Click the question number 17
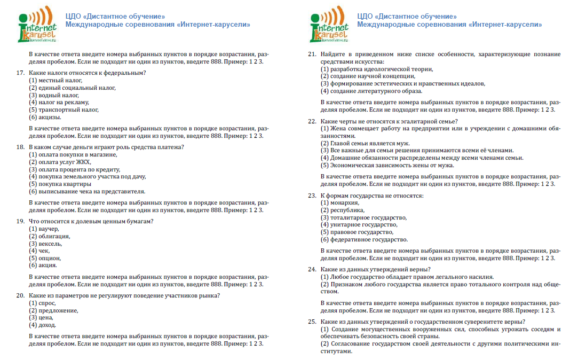coord(21,73)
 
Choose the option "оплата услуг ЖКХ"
coord(60,162)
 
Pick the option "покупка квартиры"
coord(57,184)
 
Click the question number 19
coord(21,221)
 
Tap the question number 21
coord(313,54)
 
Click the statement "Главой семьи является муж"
coord(363,143)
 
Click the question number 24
coord(313,269)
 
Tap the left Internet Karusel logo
coord(37,24)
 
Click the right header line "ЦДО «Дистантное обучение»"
coord(407,17)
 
